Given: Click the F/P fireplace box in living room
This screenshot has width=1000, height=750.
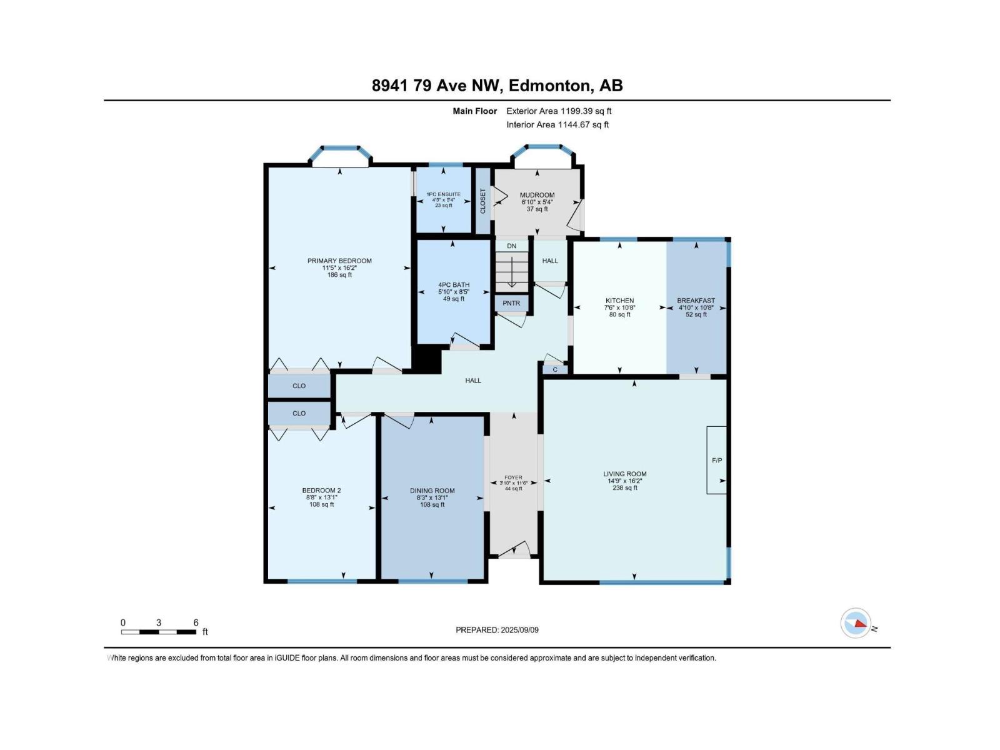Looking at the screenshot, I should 717,460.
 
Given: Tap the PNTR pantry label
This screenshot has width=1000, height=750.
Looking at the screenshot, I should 511,304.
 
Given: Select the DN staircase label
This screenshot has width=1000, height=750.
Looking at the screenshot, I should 512,246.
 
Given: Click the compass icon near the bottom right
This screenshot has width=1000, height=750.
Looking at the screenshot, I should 856,623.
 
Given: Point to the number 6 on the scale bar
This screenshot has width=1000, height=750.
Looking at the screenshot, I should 196,622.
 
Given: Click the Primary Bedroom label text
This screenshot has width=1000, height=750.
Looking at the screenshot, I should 339,261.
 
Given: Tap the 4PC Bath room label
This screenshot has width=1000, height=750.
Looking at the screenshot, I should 454,285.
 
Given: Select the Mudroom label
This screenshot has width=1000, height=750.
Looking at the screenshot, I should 537,195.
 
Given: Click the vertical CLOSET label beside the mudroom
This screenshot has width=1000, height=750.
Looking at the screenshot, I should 483,201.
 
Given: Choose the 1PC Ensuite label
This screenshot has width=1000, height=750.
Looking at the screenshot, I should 444,194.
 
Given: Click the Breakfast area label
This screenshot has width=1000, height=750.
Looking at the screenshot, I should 696,301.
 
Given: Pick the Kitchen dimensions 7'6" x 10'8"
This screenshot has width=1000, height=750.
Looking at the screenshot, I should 619,307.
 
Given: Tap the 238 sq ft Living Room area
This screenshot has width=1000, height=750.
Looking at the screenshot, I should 625,488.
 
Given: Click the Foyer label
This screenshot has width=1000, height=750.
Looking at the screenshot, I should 513,477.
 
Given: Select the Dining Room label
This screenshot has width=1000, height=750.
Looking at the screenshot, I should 432,491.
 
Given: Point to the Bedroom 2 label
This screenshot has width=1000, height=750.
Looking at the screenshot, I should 321,491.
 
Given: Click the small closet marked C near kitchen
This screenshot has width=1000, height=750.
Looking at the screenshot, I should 555,369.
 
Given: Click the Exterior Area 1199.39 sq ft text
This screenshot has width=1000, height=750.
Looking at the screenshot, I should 559,111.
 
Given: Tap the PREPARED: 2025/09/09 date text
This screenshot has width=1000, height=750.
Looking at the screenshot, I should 497,630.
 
